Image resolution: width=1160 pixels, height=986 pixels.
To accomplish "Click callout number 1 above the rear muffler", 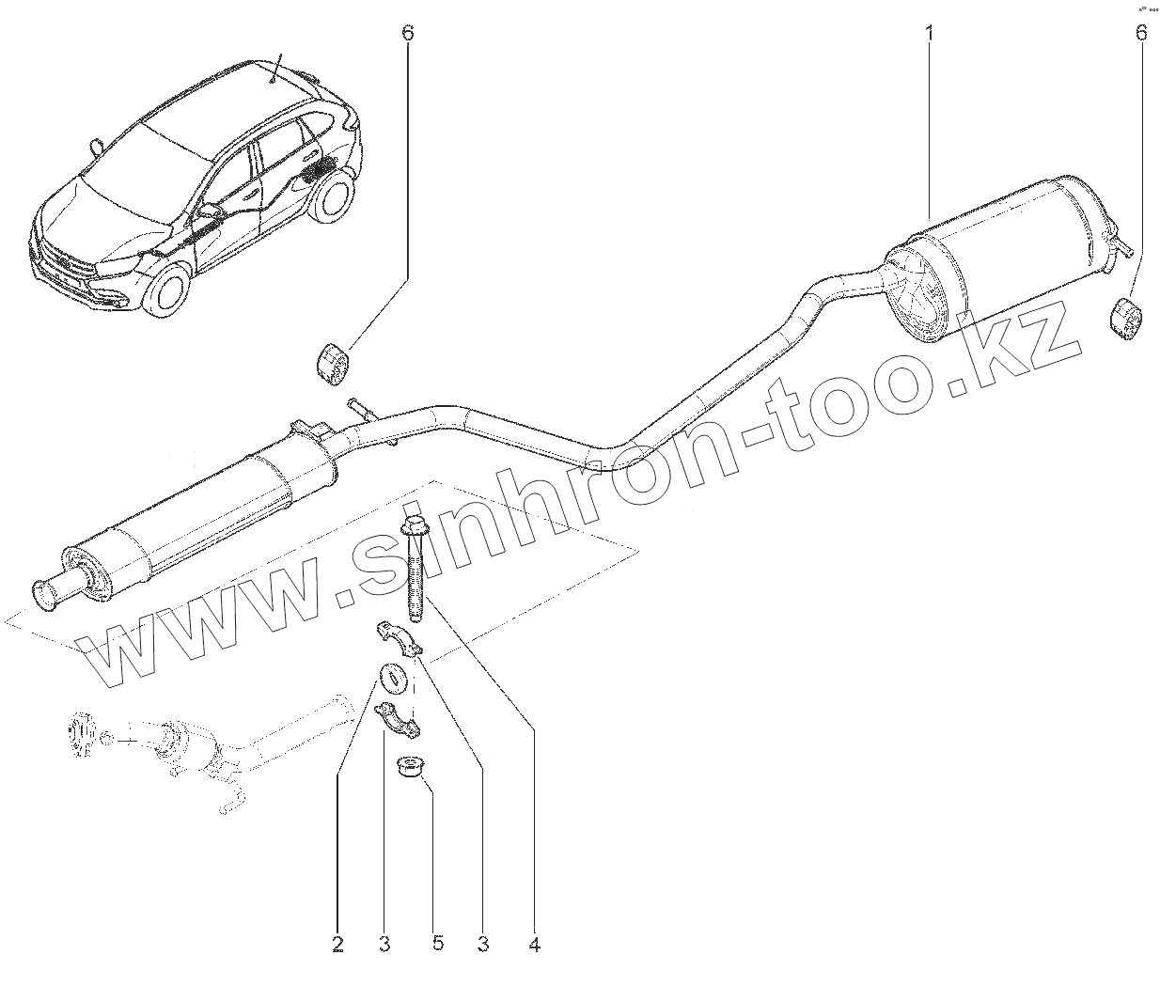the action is point(929,34).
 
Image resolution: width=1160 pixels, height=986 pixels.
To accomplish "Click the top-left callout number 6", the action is point(407,34).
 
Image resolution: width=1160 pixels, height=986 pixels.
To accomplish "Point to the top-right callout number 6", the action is point(1141,34).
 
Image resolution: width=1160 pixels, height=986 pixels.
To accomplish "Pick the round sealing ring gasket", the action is point(391,676).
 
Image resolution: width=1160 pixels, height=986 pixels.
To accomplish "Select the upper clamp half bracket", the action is point(400,636).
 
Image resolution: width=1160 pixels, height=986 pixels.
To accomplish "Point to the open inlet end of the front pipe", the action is point(45,591).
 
